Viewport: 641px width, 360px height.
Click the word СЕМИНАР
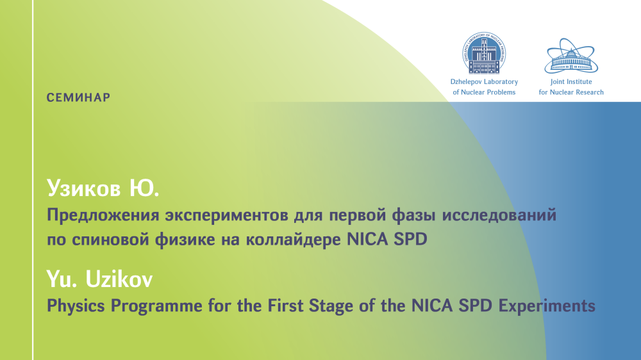click(78, 97)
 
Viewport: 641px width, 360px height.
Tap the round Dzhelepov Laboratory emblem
click(484, 53)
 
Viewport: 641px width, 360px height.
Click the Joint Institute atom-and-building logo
click(571, 56)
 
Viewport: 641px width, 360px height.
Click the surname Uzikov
click(119, 279)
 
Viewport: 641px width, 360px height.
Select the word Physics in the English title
click(76, 306)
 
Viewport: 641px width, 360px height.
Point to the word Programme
click(156, 306)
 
